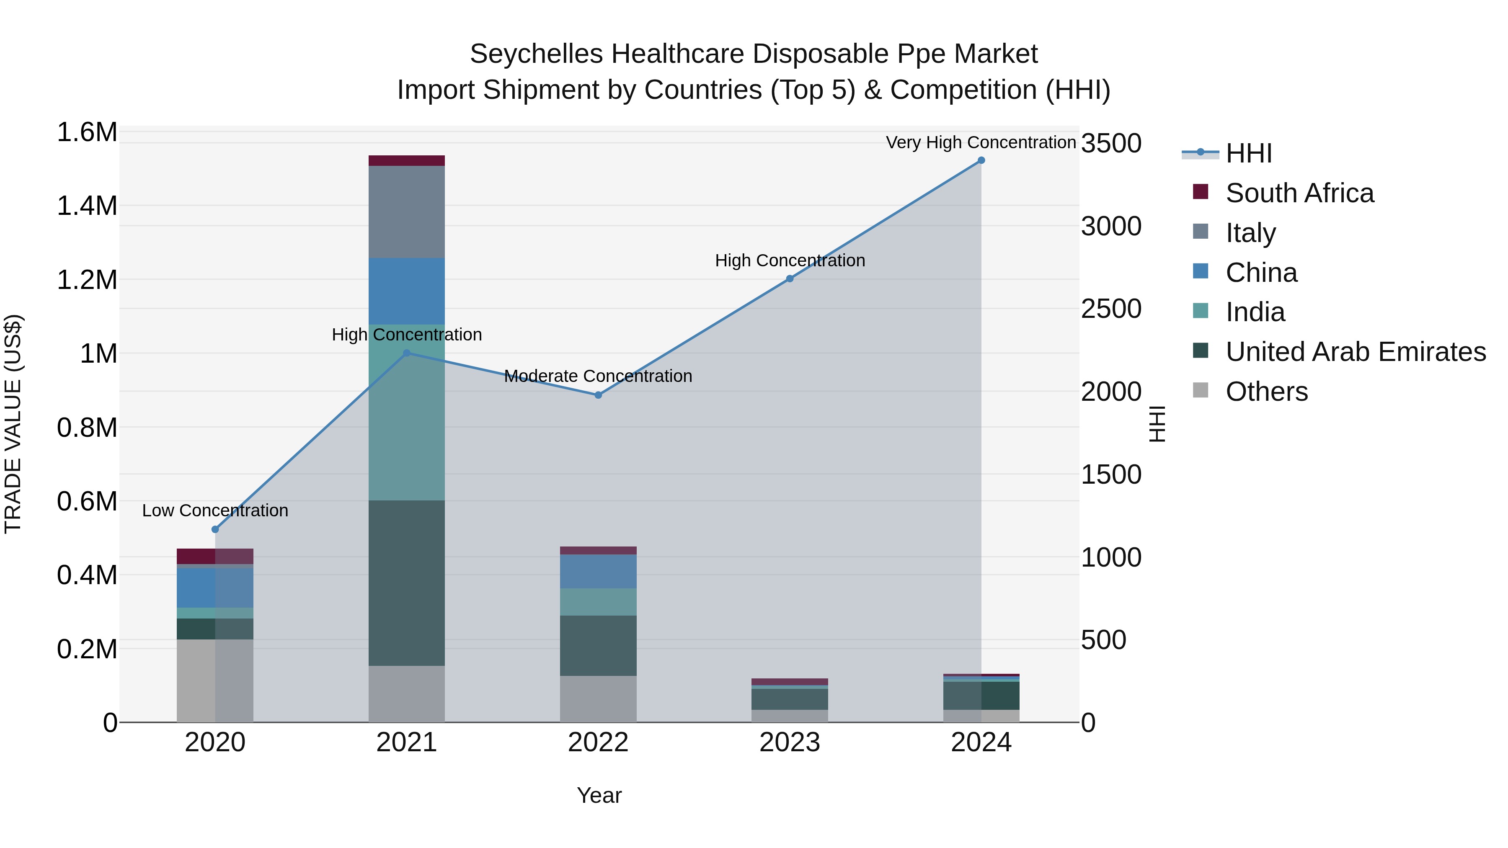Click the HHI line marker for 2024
coord(981,160)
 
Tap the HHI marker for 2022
coord(598,395)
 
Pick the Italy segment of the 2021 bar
coord(406,212)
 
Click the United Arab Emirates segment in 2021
coord(406,583)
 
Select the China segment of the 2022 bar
coord(598,572)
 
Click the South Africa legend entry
coord(1299,193)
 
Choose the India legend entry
coord(1255,312)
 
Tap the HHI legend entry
coord(1248,153)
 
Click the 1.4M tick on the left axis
coord(87,206)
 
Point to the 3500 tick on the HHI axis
coord(1111,143)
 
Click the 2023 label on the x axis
coord(790,742)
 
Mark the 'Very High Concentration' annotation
coord(981,142)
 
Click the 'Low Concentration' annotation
coord(215,510)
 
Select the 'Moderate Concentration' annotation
coord(598,376)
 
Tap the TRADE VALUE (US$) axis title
coord(13,424)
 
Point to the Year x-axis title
coord(599,795)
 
